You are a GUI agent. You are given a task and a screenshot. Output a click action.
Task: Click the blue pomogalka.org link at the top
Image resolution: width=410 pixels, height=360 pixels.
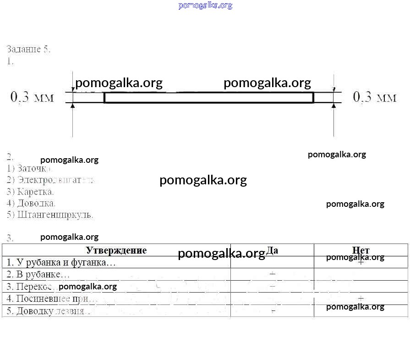tap(205, 6)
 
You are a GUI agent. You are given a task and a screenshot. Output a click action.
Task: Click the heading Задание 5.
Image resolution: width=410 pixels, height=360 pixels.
tap(28, 50)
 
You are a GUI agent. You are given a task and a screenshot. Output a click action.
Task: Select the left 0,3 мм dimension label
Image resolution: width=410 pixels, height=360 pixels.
tap(32, 97)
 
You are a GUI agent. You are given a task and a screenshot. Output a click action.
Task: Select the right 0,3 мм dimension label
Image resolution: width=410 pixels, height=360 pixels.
tap(375, 97)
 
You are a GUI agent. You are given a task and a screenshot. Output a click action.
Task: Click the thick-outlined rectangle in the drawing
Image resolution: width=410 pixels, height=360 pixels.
tap(209, 98)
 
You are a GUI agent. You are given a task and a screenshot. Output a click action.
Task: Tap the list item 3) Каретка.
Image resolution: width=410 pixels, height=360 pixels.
tap(31, 192)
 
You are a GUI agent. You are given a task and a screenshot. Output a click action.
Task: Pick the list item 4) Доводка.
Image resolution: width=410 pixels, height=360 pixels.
tap(32, 203)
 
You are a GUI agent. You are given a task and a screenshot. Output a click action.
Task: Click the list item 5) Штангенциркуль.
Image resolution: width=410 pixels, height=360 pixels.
tap(50, 214)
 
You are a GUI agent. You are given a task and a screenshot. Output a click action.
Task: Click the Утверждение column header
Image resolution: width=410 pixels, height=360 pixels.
tap(116, 250)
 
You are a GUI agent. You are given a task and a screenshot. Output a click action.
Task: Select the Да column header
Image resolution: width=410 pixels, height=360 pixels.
tap(272, 250)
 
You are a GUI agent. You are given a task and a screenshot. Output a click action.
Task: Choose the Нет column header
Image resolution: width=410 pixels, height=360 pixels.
tap(361, 250)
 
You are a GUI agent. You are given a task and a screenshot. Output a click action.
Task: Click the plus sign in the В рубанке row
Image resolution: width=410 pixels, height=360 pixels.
tap(272, 274)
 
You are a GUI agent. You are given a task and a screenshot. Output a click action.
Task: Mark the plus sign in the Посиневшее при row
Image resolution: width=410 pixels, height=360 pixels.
tap(361, 299)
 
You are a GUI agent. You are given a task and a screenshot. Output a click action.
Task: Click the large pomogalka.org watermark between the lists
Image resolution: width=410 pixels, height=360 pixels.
tap(203, 180)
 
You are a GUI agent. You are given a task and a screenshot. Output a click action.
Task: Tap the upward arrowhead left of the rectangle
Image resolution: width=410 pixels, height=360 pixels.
tap(72, 106)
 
